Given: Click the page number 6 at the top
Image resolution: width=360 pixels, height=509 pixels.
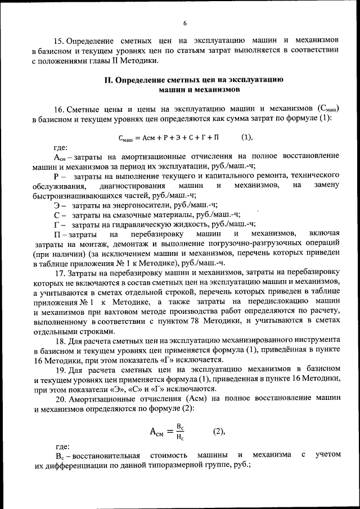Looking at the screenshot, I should [184, 22].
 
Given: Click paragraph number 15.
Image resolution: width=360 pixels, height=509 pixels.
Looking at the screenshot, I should [58, 41].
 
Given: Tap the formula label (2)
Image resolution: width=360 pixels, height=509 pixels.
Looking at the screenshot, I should [218, 431].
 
